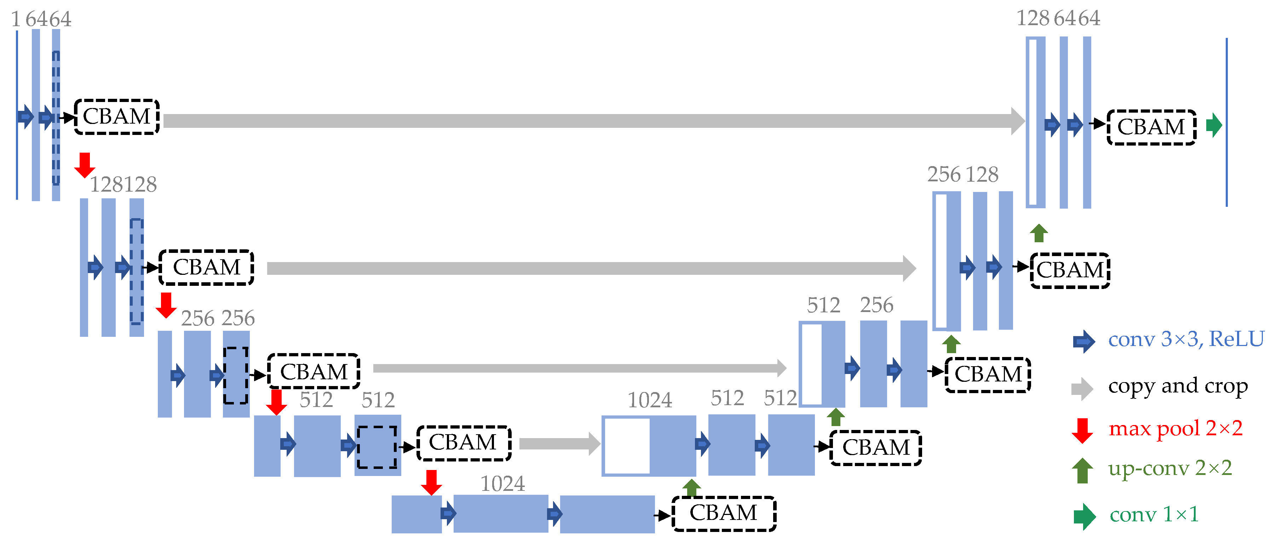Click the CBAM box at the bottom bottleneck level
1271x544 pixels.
[x=723, y=514]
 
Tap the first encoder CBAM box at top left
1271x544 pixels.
[x=116, y=117]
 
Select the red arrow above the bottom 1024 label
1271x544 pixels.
[x=431, y=482]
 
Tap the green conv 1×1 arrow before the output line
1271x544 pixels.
[x=1214, y=125]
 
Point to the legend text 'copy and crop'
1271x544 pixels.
[x=1177, y=386]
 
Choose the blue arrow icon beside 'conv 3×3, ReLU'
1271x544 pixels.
[x=1083, y=341]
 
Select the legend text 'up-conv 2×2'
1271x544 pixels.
[x=1169, y=468]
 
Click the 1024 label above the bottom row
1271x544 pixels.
[x=502, y=484]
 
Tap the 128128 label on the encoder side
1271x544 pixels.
[x=123, y=185]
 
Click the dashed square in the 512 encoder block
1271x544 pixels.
[x=377, y=447]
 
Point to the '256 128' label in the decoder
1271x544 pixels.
[x=962, y=174]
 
